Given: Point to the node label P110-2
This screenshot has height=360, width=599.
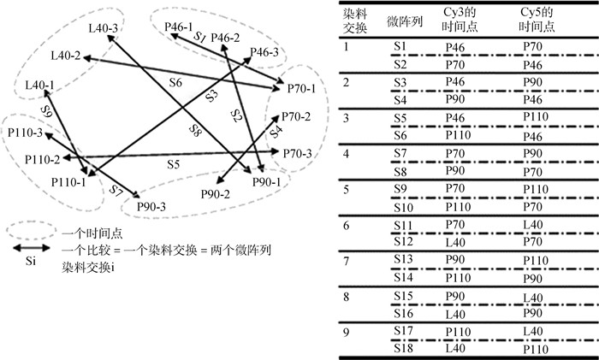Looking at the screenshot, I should click(x=43, y=160).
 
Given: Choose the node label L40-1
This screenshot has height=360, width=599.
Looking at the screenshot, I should click(x=40, y=86).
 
